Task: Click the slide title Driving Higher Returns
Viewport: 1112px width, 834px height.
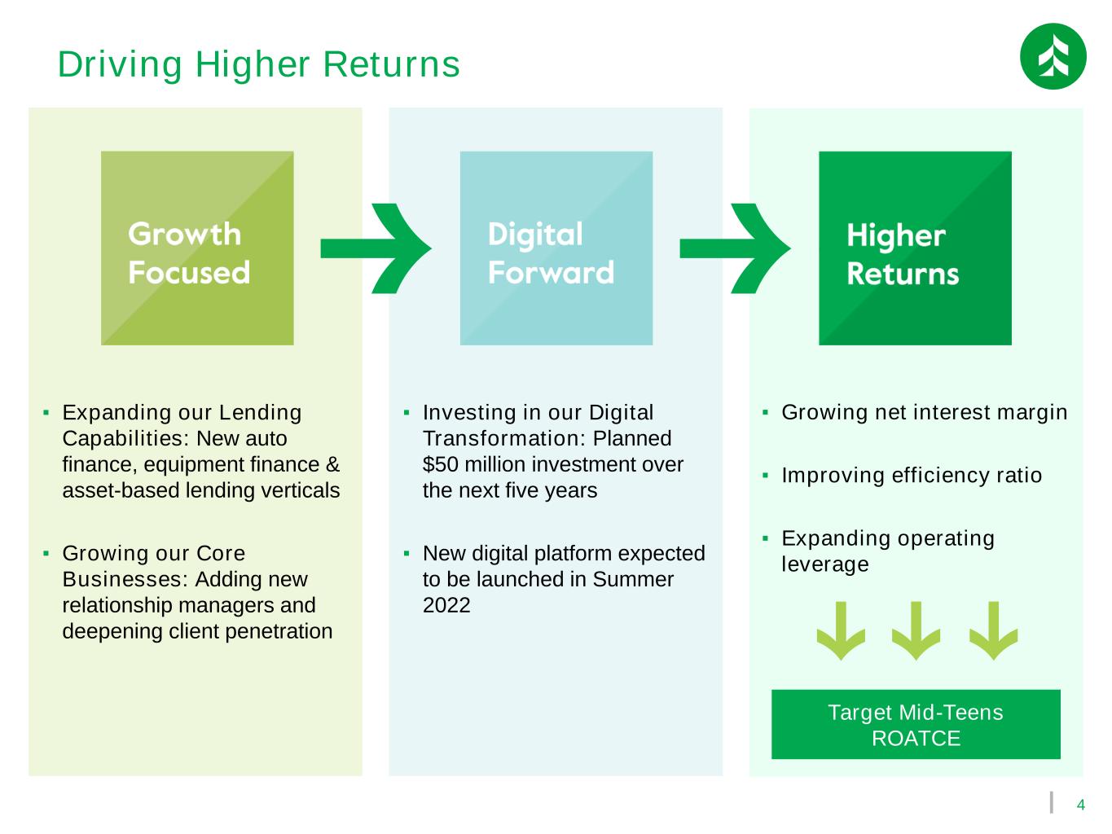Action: (258, 64)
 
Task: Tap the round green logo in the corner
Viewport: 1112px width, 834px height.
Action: (1053, 56)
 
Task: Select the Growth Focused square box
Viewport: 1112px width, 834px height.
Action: (197, 248)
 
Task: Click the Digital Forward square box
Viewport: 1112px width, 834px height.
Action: (556, 248)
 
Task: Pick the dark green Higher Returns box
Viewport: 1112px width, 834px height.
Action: (915, 248)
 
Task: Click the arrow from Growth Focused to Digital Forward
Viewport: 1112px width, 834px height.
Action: (376, 248)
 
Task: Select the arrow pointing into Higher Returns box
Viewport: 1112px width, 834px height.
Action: (735, 248)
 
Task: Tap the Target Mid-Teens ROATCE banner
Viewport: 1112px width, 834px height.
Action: (916, 725)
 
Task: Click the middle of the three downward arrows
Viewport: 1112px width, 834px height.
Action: (916, 630)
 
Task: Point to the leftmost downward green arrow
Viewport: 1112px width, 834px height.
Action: (841, 630)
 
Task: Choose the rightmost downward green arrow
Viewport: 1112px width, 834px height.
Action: (993, 630)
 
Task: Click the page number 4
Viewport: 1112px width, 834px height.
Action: (1081, 805)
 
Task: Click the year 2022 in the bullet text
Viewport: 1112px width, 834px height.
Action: (446, 605)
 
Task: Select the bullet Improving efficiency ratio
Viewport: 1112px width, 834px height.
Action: (912, 475)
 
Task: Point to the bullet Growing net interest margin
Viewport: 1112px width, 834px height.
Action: (924, 412)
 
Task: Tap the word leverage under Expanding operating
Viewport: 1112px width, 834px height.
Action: (824, 564)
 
